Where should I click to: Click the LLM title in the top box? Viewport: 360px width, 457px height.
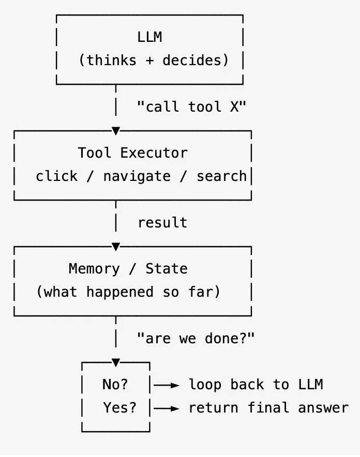(149, 37)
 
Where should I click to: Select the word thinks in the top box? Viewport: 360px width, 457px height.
(112, 60)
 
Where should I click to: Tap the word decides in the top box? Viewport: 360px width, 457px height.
(192, 60)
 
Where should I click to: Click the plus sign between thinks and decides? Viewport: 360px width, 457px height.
(149, 60)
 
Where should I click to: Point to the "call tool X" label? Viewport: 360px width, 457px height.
(191, 106)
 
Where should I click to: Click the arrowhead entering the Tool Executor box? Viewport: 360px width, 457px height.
(116, 131)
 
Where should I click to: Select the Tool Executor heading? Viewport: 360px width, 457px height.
(132, 153)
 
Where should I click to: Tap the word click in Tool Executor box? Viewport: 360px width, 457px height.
(56, 176)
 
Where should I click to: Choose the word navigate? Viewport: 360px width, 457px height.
(137, 176)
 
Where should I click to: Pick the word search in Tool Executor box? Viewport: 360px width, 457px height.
(221, 176)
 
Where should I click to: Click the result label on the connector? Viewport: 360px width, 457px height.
(162, 222)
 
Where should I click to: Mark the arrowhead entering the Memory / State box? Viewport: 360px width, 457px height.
(116, 247)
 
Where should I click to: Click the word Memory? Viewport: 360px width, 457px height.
(94, 269)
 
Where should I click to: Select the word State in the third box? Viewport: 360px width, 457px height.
(167, 268)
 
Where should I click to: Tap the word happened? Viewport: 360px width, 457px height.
(120, 292)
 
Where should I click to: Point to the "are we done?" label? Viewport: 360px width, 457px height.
(196, 338)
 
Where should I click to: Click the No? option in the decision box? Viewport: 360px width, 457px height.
(115, 384)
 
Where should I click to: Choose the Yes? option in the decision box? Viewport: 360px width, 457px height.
(119, 407)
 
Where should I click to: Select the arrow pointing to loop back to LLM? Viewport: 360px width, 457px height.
(166, 385)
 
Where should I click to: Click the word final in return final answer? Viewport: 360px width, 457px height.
(268, 407)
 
